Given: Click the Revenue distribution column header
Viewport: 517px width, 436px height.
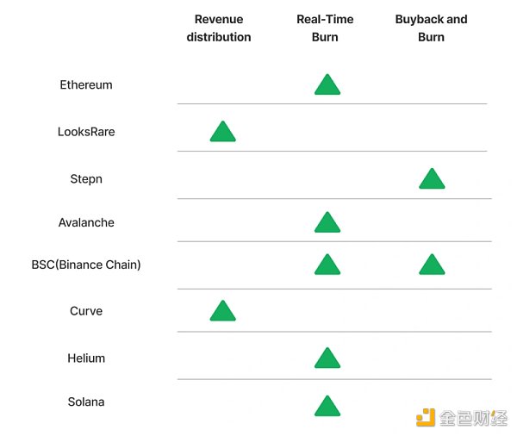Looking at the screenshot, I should pyautogui.click(x=219, y=28).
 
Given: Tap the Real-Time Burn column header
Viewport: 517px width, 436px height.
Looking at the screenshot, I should pyautogui.click(x=325, y=28).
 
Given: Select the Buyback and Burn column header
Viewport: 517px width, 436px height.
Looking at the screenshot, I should pyautogui.click(x=431, y=28).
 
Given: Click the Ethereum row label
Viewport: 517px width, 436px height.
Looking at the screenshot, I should pyautogui.click(x=86, y=85).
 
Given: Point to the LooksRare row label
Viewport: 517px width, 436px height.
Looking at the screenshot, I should pyautogui.click(x=86, y=133).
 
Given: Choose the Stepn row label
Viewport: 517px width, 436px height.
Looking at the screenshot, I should pyautogui.click(x=86, y=179).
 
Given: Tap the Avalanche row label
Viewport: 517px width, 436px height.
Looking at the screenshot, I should pyautogui.click(x=86, y=222).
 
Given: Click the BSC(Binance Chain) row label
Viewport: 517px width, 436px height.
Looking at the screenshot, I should pyautogui.click(x=86, y=265).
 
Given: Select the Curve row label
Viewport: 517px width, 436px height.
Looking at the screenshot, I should pyautogui.click(x=86, y=311).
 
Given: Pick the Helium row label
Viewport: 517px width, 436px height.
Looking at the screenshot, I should pyautogui.click(x=86, y=358).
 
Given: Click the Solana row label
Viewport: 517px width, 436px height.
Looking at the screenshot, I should pyautogui.click(x=86, y=402).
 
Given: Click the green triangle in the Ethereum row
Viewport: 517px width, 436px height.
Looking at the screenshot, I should pyautogui.click(x=327, y=85).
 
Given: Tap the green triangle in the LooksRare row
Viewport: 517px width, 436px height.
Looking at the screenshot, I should pyautogui.click(x=222, y=133).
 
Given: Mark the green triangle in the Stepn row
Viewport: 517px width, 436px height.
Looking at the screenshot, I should pyautogui.click(x=432, y=179).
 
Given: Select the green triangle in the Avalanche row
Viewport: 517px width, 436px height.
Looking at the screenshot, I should pyautogui.click(x=327, y=223).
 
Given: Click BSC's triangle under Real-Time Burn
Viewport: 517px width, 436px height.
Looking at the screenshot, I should pyautogui.click(x=327, y=265).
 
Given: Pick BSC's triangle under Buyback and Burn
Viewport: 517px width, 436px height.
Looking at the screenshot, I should pyautogui.click(x=432, y=265).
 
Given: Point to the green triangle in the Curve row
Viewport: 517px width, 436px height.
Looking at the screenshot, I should pyautogui.click(x=222, y=312).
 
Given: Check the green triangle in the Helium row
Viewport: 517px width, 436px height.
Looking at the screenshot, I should pyautogui.click(x=327, y=358).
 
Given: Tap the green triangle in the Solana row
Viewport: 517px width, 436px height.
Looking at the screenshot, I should pyautogui.click(x=327, y=406).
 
